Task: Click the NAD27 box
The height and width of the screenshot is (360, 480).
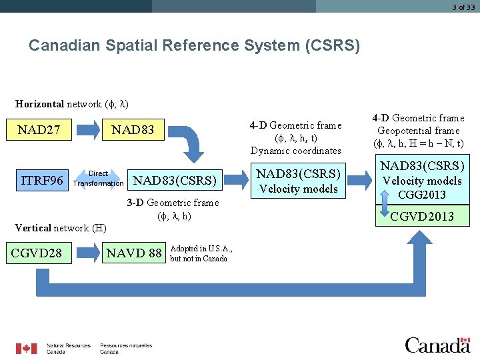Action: point(39,129)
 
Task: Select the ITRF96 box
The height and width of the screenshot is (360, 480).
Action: point(42,180)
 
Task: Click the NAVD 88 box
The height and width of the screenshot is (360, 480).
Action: point(135,253)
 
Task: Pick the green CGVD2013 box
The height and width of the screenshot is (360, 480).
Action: point(422,216)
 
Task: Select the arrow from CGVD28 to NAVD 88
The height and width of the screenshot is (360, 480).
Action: point(86,253)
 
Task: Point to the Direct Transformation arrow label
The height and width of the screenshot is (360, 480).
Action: point(98,179)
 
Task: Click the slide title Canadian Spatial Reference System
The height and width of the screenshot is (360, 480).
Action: point(194,46)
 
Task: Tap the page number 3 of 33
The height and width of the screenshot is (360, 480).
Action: point(463,7)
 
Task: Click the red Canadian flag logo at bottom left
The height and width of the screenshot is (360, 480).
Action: point(27,348)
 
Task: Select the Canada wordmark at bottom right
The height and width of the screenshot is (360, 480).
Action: point(437,345)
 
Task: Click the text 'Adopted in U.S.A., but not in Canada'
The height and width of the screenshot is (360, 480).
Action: point(201,253)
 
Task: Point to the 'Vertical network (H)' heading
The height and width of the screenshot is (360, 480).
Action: point(61,228)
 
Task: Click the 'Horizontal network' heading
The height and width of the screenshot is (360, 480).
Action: point(72,104)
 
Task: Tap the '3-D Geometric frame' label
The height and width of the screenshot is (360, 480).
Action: point(173,203)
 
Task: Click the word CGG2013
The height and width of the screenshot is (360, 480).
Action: point(422,195)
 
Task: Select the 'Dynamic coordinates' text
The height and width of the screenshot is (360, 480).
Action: point(295,151)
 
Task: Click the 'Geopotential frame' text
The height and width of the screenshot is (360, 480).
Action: point(419,131)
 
